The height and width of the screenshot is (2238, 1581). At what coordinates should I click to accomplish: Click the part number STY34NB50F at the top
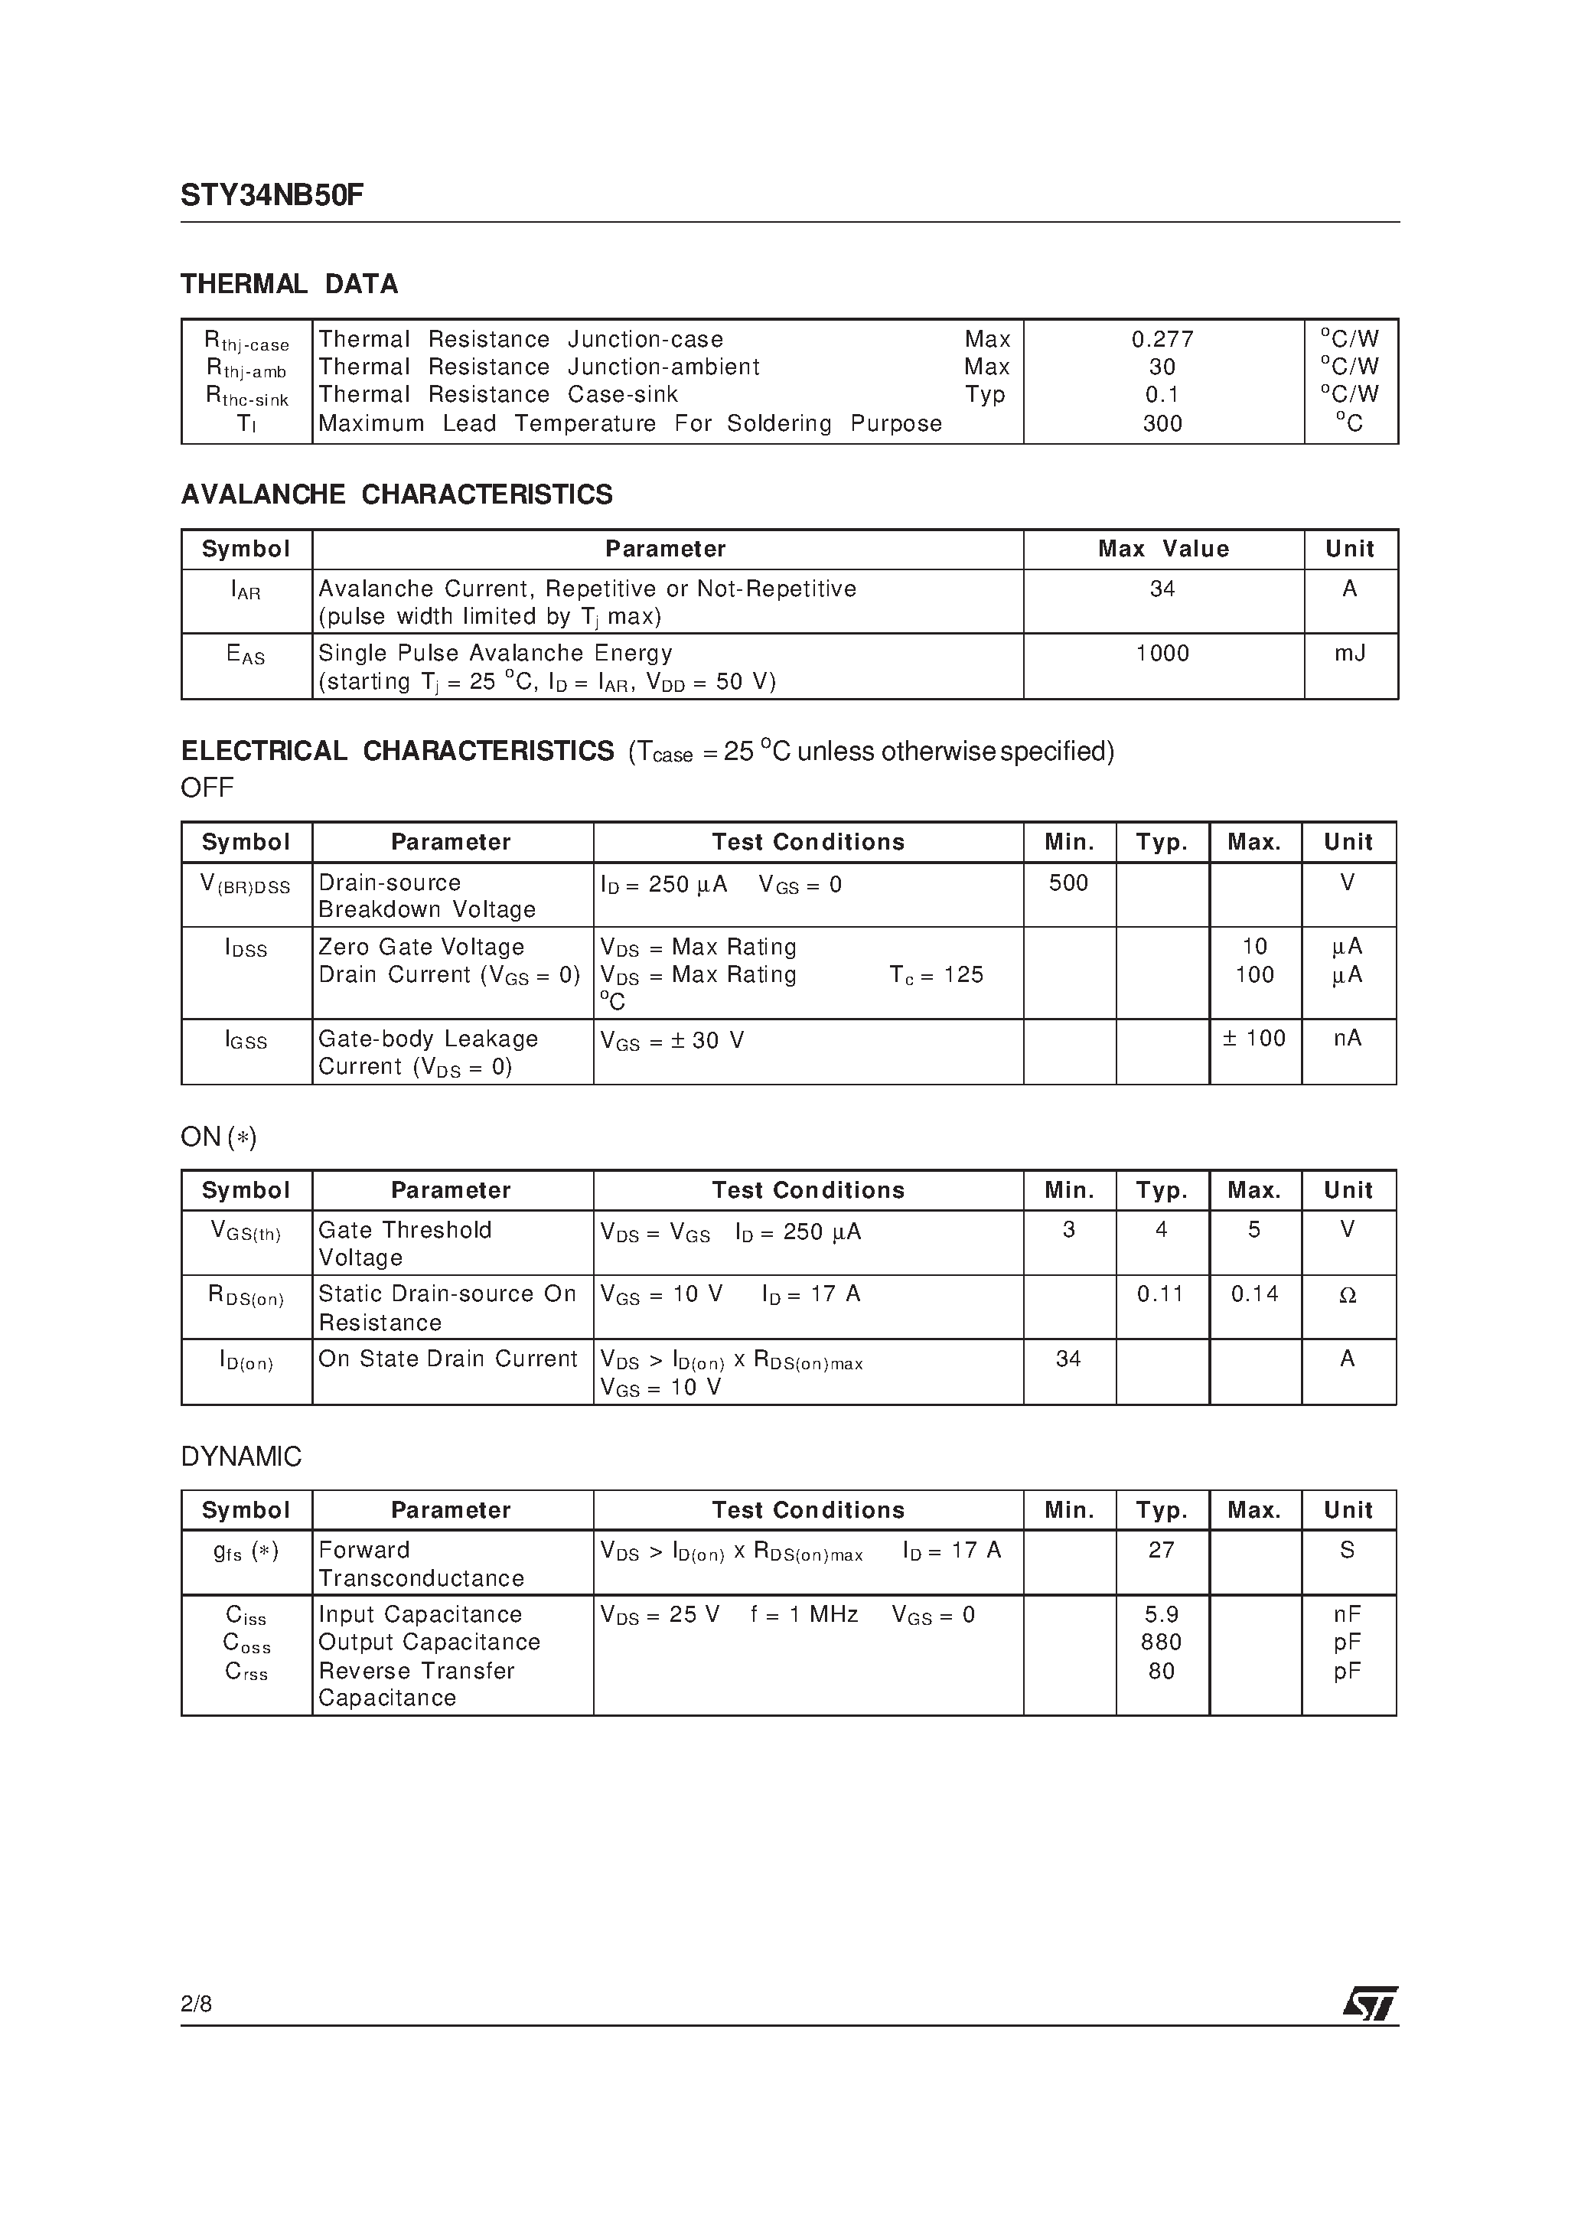click(272, 196)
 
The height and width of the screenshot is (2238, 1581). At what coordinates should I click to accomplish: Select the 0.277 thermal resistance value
click(1162, 339)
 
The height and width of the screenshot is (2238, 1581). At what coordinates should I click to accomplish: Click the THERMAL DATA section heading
click(289, 285)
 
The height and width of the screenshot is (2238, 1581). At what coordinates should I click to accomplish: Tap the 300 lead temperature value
click(1162, 424)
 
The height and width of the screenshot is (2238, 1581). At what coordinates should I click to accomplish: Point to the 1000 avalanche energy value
click(1162, 653)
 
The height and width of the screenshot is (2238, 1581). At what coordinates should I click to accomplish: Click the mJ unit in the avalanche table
click(1349, 653)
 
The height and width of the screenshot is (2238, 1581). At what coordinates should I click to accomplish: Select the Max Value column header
click(1163, 550)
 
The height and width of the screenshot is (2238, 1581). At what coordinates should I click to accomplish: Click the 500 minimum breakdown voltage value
click(1068, 883)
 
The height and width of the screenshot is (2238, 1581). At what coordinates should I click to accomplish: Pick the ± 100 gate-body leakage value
click(1253, 1039)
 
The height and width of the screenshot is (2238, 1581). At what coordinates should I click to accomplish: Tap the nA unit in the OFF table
click(1347, 1039)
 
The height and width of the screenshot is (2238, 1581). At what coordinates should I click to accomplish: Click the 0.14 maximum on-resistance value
click(1254, 1294)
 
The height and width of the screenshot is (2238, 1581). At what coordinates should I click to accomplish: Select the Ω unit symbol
click(1347, 1296)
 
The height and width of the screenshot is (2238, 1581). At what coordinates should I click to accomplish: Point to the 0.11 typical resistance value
click(1160, 1294)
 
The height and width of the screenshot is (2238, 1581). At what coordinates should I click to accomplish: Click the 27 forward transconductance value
click(1161, 1550)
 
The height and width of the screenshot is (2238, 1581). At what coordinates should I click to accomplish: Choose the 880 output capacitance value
click(1161, 1643)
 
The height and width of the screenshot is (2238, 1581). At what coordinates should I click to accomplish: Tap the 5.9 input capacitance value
click(1161, 1614)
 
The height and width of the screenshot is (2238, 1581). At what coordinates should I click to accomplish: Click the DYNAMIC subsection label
click(241, 1457)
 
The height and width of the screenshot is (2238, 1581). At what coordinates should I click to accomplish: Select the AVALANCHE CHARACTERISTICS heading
click(396, 495)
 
